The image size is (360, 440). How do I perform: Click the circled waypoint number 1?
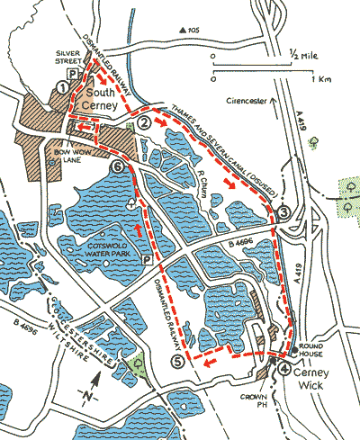61,86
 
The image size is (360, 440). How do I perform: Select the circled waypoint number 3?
283,212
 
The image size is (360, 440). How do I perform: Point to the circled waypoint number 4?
284,369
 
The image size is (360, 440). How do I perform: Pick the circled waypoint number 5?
177,362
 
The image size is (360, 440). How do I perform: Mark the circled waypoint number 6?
115,166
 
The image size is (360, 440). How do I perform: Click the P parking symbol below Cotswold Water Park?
147,258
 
